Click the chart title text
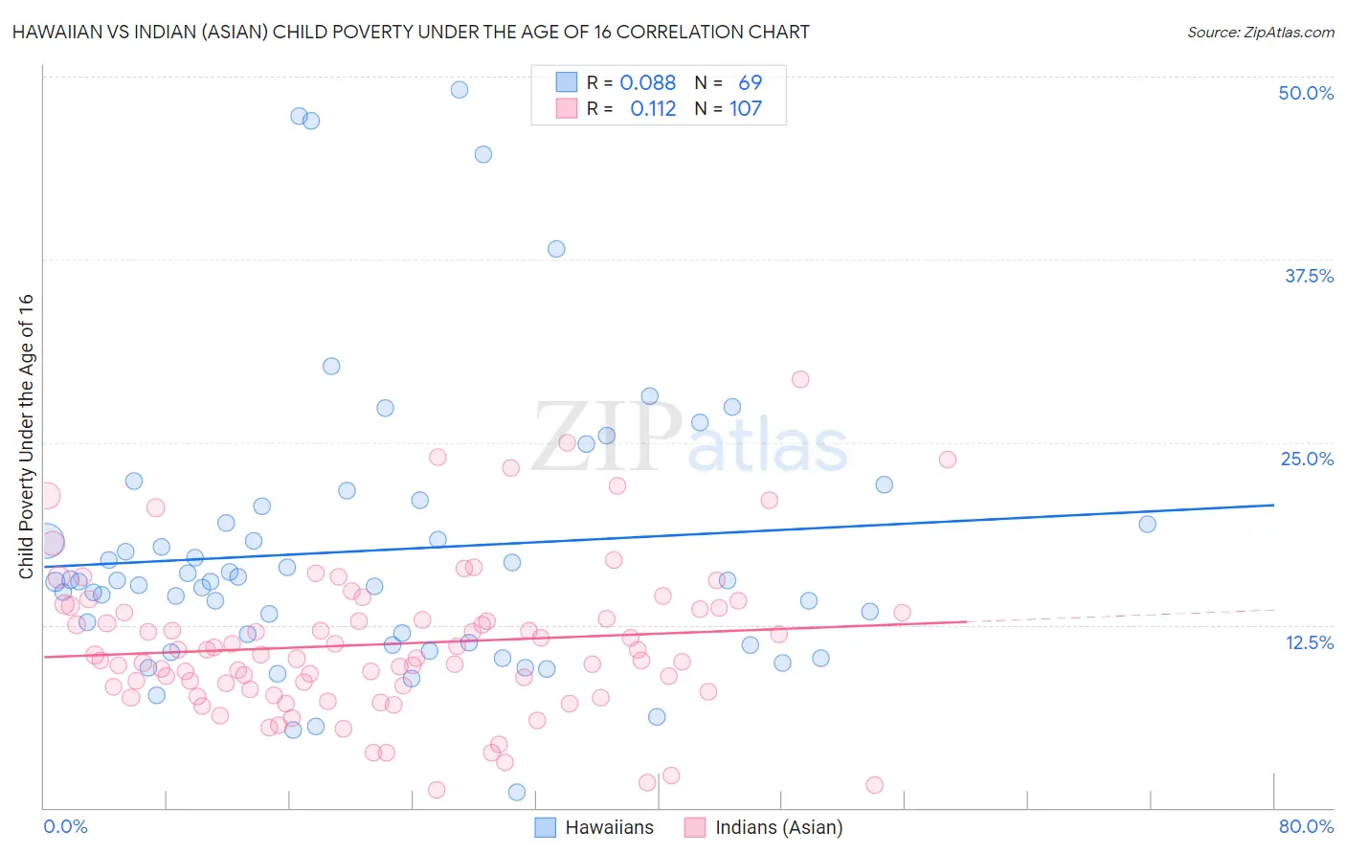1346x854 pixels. click(411, 32)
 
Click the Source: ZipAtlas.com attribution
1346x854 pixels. click(1260, 32)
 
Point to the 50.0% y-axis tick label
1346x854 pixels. click(1306, 93)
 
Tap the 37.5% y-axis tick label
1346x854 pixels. click(1309, 276)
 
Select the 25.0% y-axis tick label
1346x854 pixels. click(1307, 459)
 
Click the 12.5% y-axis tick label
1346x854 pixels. click(1309, 642)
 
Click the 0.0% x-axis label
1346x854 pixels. click(65, 826)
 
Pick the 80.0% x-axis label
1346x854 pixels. click(1306, 826)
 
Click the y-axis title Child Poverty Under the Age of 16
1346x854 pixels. click(26, 436)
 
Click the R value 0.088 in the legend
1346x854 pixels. click(647, 82)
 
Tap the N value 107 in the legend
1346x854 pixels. click(746, 108)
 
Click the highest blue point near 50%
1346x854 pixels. click(460, 90)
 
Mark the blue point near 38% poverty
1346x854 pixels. click(556, 249)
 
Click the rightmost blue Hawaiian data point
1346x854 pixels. click(1147, 524)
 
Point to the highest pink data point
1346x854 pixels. click(800, 379)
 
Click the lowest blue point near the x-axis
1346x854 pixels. click(517, 792)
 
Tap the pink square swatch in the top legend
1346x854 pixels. click(567, 108)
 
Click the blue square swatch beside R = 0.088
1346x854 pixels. click(567, 82)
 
